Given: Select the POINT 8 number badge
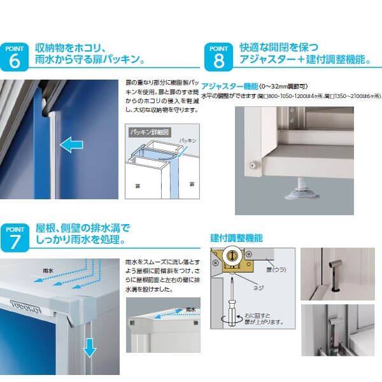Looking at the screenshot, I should (x=218, y=57).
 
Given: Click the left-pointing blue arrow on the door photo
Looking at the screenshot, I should (x=71, y=145).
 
